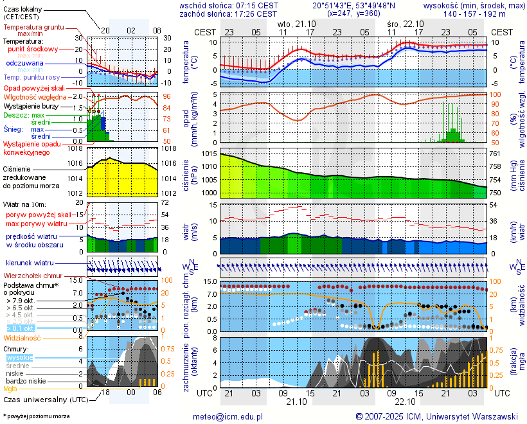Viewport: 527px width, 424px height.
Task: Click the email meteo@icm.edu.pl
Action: click(228, 416)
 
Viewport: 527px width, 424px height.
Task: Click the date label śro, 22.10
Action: click(402, 22)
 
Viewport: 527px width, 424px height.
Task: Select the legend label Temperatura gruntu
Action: click(33, 28)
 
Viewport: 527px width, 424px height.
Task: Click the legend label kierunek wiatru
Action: click(30, 263)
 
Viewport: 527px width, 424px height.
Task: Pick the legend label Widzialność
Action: click(22, 337)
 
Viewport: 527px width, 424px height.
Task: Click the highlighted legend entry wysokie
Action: click(19, 357)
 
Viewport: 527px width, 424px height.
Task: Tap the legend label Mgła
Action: click(10, 389)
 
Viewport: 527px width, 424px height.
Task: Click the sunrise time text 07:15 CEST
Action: click(256, 5)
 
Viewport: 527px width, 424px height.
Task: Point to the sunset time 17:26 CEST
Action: click(256, 13)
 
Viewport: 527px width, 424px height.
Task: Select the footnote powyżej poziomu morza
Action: click(37, 416)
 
